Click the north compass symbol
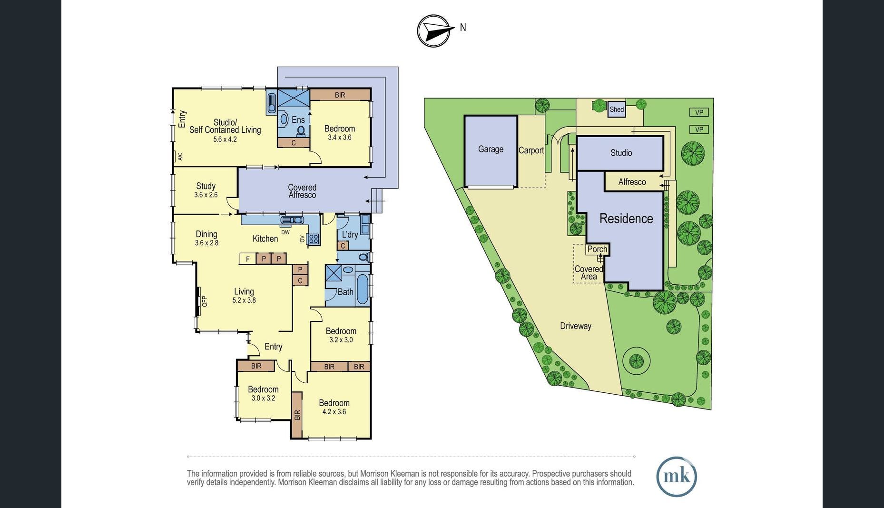[433, 31]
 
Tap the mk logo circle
[676, 477]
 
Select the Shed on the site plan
[617, 110]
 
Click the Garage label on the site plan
[491, 149]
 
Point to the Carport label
[531, 150]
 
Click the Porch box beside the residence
[597, 249]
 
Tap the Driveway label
[575, 326]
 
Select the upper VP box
[699, 112]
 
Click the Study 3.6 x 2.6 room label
[206, 190]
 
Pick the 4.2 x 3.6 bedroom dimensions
[334, 412]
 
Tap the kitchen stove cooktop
[314, 239]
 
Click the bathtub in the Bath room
[363, 289]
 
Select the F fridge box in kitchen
[247, 259]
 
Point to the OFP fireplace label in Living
[205, 301]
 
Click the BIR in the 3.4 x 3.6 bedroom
[340, 95]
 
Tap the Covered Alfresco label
[302, 191]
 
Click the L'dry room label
[350, 234]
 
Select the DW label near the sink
[285, 232]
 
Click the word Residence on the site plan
[626, 219]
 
